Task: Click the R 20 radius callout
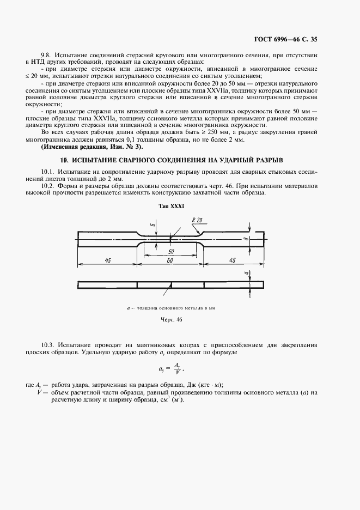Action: tap(197, 220)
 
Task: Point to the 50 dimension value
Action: tap(170, 253)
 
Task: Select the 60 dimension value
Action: tap(170, 261)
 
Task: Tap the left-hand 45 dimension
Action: tap(108, 261)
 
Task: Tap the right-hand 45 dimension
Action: tap(233, 261)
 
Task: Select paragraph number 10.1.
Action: tap(48, 172)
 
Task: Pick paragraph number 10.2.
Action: tap(48, 186)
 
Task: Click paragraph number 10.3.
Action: tap(48, 345)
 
